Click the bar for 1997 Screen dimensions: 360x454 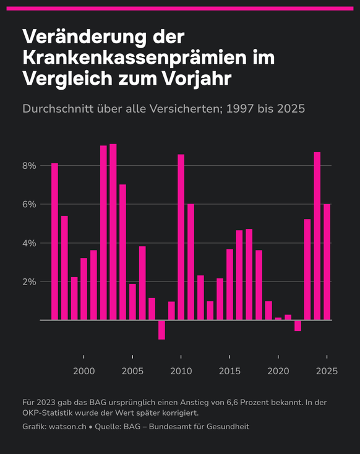pyautogui.click(x=54, y=241)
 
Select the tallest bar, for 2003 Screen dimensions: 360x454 pyautogui.click(x=113, y=232)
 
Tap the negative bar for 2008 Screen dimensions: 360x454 pyautogui.click(x=161, y=330)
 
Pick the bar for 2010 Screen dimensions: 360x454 pyautogui.click(x=181, y=237)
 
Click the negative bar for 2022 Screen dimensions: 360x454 pyautogui.click(x=298, y=325)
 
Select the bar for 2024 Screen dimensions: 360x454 pyautogui.click(x=317, y=236)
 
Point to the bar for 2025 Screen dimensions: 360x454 pyautogui.click(x=327, y=262)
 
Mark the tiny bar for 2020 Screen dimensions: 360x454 pyautogui.click(x=278, y=319)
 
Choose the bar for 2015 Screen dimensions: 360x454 pyautogui.click(x=229, y=285)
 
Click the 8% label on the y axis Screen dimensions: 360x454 pyautogui.click(x=30, y=166)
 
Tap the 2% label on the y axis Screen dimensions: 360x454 pyautogui.click(x=30, y=281)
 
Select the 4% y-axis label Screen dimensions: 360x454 pyautogui.click(x=30, y=243)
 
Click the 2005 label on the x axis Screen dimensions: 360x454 pyautogui.click(x=132, y=371)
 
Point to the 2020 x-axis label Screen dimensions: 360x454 pyautogui.click(x=278, y=371)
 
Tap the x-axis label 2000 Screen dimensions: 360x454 pyautogui.click(x=84, y=371)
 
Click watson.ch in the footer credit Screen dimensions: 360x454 pyautogui.click(x=67, y=427)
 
